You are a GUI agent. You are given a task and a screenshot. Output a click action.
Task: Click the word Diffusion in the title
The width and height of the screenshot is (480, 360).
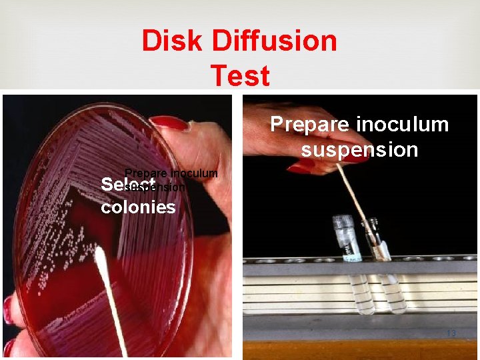click(275, 41)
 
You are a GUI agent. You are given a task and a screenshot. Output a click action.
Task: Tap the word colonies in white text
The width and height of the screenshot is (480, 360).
click(138, 207)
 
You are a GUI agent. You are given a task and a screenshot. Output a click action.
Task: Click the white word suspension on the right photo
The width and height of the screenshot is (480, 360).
click(359, 149)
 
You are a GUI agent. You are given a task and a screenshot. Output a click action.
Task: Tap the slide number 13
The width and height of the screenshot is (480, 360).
click(451, 333)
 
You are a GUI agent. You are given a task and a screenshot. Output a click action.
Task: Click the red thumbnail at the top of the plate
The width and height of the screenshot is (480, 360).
click(169, 123)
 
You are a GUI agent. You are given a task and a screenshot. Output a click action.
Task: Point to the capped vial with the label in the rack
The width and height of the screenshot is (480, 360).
click(347, 240)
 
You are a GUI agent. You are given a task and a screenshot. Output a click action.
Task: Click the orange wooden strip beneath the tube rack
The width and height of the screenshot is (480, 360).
click(360, 350)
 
